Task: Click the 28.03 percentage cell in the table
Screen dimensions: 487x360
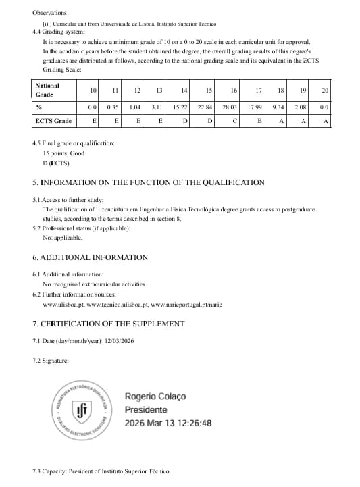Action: (230, 107)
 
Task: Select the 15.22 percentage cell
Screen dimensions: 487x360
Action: (180, 107)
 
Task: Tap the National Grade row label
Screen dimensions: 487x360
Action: (47, 91)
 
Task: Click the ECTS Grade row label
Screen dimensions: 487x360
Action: (53, 121)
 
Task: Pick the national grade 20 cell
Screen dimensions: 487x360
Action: (324, 91)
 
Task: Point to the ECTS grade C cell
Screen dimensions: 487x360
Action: (234, 121)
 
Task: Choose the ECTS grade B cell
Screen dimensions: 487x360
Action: (259, 121)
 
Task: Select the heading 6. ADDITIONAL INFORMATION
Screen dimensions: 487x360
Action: (90, 257)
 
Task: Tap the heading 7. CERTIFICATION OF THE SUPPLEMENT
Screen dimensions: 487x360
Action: (108, 324)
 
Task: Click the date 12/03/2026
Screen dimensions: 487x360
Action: (120, 341)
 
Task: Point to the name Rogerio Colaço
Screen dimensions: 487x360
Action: (155, 396)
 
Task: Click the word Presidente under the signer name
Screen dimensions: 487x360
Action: (146, 410)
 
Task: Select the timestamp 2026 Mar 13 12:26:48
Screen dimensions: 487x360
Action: (168, 424)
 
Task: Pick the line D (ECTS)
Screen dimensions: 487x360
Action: (55, 163)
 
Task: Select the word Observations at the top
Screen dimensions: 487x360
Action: (49, 13)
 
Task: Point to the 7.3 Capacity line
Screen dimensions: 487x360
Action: (100, 471)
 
